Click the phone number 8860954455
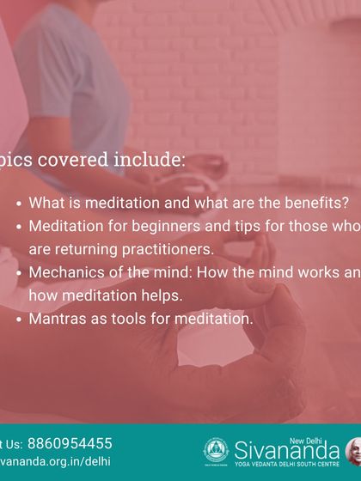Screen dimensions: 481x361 point(70,444)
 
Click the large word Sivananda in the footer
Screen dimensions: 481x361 point(287,450)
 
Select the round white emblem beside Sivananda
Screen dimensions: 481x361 point(216,451)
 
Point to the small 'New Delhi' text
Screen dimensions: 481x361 point(322,438)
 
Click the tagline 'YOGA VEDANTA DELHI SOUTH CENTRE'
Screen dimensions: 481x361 point(287,464)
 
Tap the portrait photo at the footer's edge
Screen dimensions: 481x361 point(353,451)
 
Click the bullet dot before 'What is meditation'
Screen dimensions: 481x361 point(19,204)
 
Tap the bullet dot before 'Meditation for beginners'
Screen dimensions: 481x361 point(19,228)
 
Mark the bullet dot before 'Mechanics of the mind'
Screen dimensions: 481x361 point(19,274)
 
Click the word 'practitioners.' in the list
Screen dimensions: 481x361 point(163,250)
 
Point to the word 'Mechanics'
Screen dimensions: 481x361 point(64,273)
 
